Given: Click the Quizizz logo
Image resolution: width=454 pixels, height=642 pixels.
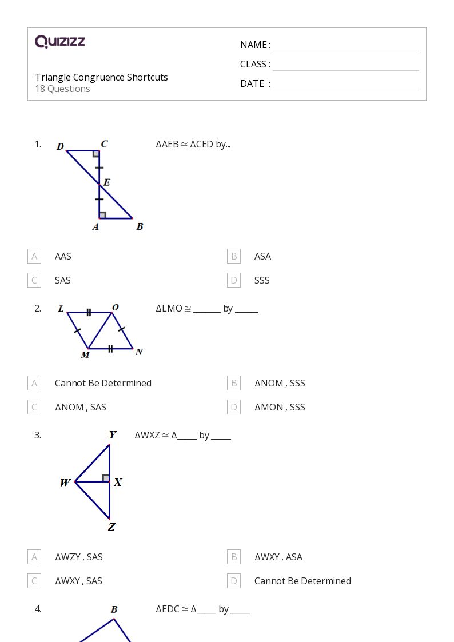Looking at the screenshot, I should (60, 42).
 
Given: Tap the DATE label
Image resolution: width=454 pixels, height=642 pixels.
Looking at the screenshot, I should (252, 83).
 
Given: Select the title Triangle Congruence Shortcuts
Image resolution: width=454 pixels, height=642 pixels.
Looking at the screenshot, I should (101, 77).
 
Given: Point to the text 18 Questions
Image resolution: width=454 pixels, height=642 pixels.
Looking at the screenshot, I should (62, 89).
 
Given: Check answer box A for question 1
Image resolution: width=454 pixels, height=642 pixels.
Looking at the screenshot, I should (34, 256).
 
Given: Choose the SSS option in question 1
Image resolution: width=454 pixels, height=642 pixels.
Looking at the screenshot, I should (262, 280).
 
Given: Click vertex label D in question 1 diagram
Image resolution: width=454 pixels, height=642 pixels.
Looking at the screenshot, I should (60, 147).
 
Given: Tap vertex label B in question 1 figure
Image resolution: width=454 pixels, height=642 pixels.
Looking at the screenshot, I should (140, 226).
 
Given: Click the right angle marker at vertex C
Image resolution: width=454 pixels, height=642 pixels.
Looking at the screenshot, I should (96, 154).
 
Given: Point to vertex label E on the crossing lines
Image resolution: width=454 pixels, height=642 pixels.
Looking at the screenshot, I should (107, 183).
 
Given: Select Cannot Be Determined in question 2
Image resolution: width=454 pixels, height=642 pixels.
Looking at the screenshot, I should (103, 383).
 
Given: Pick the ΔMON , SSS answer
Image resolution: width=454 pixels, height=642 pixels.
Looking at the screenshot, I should (280, 407).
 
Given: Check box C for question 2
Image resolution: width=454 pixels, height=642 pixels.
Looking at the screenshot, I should (34, 407).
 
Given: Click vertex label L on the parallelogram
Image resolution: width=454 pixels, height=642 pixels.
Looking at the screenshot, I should (61, 309).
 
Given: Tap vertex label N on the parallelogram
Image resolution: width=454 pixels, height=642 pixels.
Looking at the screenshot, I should (139, 352).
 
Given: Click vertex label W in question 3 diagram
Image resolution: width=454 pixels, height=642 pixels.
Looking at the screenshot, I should (65, 483).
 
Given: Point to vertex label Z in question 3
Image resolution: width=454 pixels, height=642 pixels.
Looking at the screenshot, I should (111, 527).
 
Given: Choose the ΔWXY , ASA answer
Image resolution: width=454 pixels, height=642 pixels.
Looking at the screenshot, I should (278, 557).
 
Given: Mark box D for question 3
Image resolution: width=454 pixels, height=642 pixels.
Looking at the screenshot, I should (233, 581).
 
